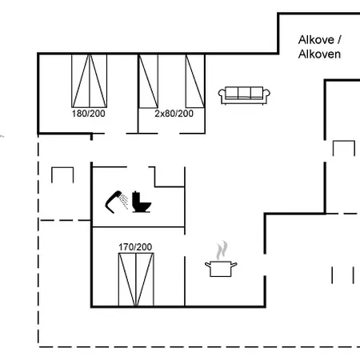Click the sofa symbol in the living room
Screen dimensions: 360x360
coord(244,95)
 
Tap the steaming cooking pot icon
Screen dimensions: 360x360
coord(221,259)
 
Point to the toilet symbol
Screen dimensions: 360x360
coord(142,202)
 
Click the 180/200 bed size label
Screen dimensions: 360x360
coord(89,114)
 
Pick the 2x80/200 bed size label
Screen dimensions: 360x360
coord(174,114)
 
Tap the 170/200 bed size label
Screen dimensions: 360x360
coord(135,247)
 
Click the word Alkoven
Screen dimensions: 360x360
coord(319,54)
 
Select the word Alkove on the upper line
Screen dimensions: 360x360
coord(316,40)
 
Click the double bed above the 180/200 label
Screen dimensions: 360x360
coord(90,81)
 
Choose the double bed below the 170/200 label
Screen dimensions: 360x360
coord(136,280)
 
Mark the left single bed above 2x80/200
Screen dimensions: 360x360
coord(148,82)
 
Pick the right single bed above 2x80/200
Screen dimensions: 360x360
coord(195,81)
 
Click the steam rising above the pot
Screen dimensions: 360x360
coord(222,250)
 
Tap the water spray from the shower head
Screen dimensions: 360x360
coord(124,202)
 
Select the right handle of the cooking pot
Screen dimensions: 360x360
coord(234,265)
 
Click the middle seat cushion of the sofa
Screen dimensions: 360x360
coord(244,93)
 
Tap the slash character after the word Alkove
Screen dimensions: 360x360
coord(339,40)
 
